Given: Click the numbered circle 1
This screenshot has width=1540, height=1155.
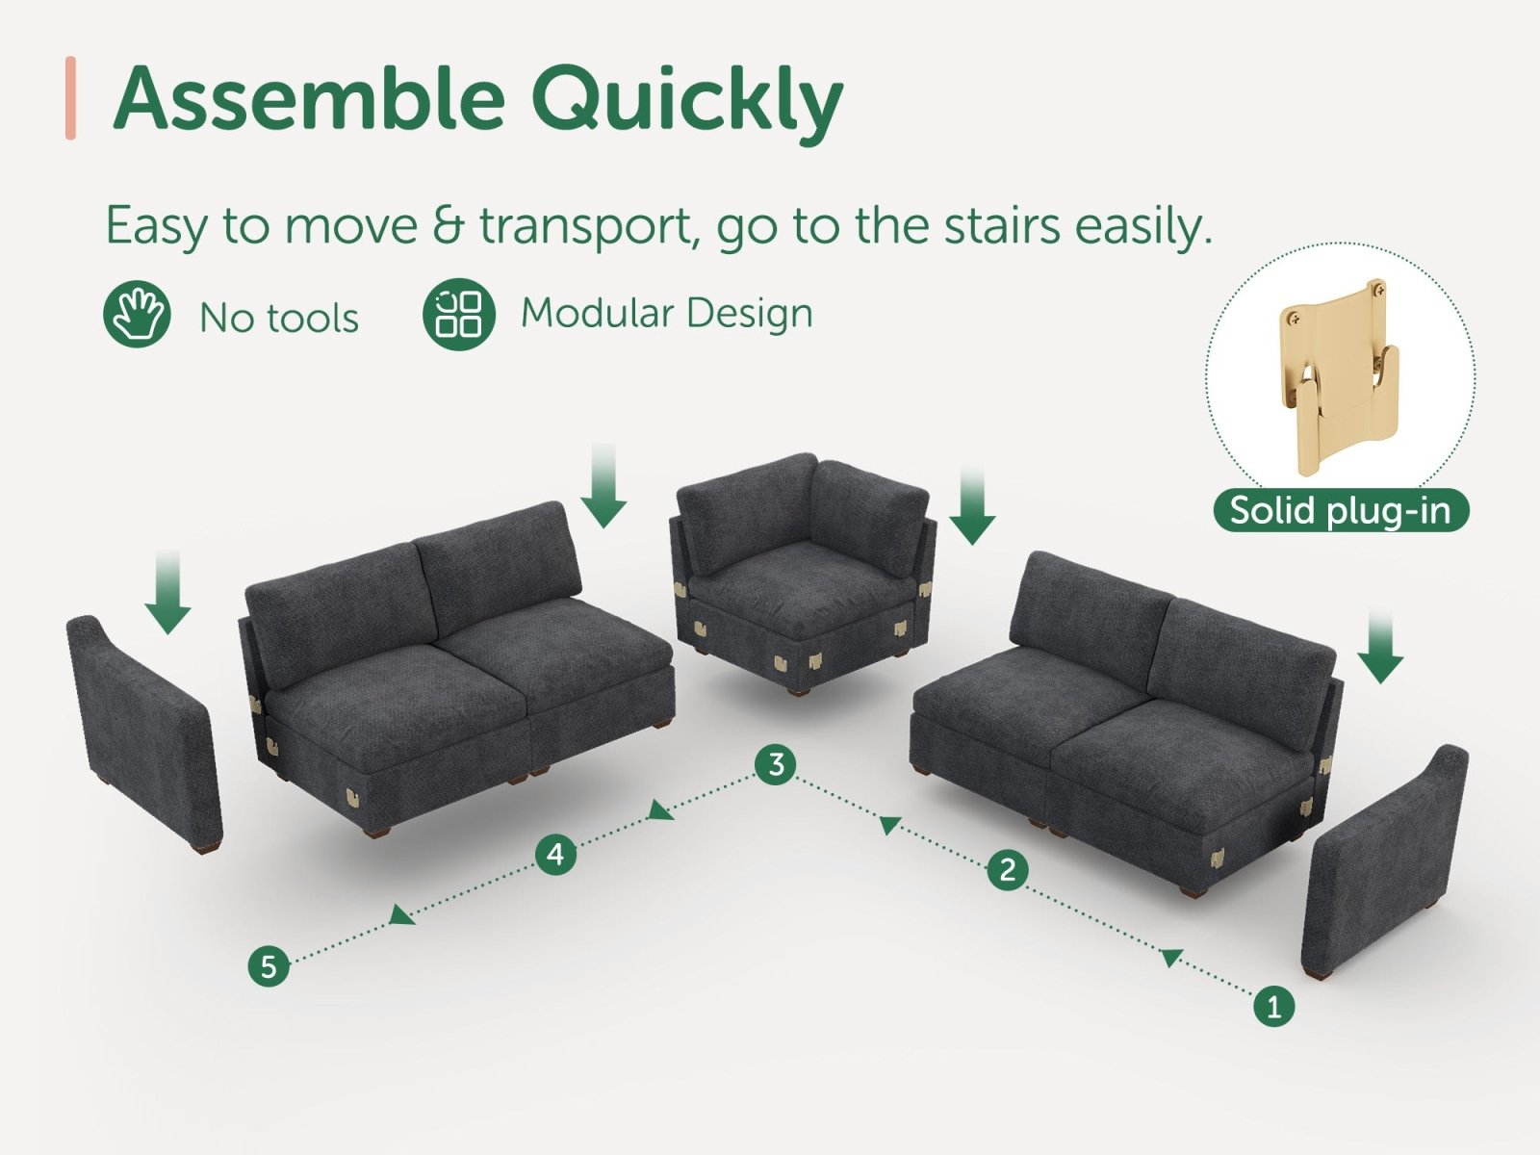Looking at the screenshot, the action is (1274, 1007).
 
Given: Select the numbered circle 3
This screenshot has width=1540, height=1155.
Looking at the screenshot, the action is (776, 763).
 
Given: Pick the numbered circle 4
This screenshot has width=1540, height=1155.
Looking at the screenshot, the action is (555, 854).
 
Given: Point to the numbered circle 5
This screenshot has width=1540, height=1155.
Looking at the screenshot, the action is (269, 966).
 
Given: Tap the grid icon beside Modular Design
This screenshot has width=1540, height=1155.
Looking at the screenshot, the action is (459, 314).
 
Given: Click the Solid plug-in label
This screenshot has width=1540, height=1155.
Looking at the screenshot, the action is (1340, 510).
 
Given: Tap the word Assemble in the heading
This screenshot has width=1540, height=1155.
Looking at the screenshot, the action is (309, 97).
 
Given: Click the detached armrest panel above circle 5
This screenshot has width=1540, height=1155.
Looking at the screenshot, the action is (143, 732).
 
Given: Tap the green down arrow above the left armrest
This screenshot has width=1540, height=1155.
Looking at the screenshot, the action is (168, 593).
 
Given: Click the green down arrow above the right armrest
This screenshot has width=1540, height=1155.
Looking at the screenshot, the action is (1380, 645).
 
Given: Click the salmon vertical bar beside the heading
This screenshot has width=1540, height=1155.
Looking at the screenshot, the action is (70, 98).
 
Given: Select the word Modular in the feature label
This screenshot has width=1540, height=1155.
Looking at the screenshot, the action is (597, 313).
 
